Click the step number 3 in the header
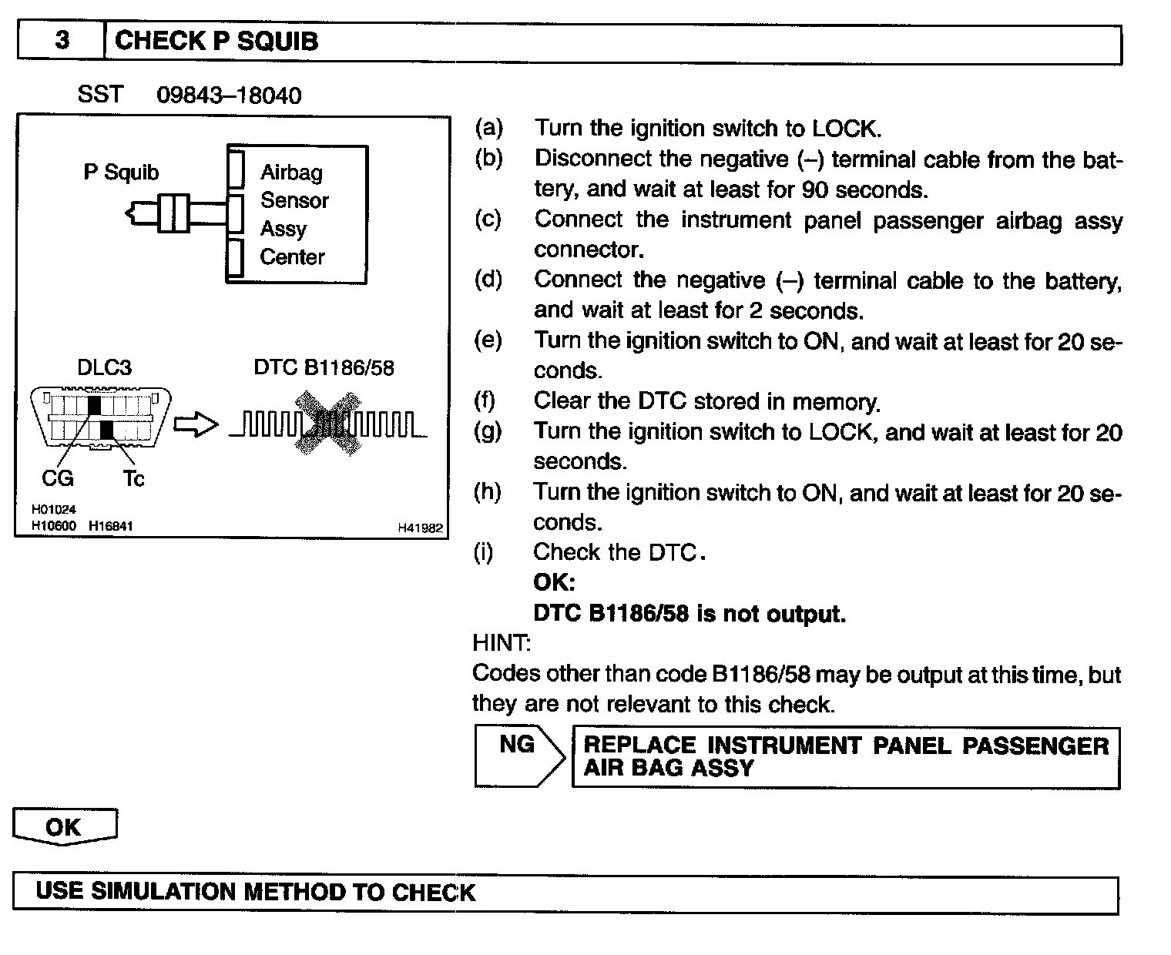(62, 40)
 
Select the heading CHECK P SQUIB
(216, 41)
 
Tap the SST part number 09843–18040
(229, 95)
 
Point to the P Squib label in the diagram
(121, 172)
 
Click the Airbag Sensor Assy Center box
(297, 214)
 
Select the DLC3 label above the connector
(104, 367)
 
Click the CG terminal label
(57, 478)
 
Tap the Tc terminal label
(133, 479)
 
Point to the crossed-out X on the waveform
(327, 423)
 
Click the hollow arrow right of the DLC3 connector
(196, 424)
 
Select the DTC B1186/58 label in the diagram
(324, 367)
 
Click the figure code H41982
(420, 528)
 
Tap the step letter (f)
(486, 400)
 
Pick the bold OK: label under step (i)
(554, 582)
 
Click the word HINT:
(501, 642)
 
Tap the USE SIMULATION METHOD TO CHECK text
(256, 892)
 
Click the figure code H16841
(111, 526)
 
